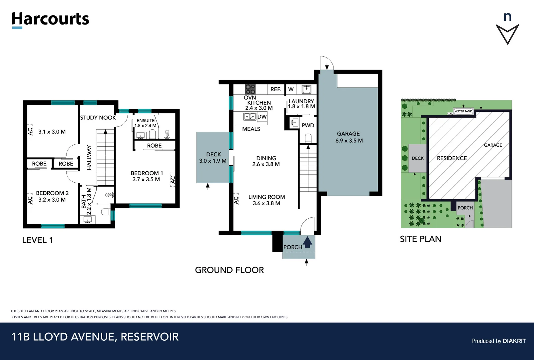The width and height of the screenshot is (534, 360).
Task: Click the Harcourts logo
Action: click(50, 19)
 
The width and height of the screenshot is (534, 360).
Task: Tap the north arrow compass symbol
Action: click(507, 33)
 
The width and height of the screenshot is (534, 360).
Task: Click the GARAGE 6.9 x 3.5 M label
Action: click(349, 137)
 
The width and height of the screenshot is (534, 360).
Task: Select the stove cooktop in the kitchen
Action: click(250, 89)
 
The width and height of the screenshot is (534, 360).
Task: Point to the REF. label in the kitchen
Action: click(275, 89)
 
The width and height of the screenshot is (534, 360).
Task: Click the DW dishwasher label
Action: click(262, 117)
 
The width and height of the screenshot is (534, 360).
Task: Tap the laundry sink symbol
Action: click(306, 89)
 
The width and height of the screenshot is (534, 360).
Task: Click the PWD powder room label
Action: click(308, 125)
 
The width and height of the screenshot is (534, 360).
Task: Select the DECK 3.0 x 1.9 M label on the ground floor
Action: click(213, 158)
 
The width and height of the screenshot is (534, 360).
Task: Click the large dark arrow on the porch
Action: click(307, 242)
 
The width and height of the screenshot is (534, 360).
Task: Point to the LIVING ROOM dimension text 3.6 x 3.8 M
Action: click(266, 203)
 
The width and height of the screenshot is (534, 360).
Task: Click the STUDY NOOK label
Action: click(98, 118)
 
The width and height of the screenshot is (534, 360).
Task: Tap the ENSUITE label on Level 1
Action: click(146, 120)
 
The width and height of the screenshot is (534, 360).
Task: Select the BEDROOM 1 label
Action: click(147, 173)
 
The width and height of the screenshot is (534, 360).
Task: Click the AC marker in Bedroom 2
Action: click(30, 200)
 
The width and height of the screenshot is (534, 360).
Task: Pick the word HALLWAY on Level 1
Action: click(89, 157)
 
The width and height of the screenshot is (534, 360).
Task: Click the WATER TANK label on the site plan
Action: click(463, 111)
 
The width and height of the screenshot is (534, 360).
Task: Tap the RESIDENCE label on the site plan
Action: click(452, 158)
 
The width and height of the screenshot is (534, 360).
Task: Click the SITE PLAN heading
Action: click(420, 239)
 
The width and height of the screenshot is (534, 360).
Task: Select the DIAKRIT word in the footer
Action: click(514, 341)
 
